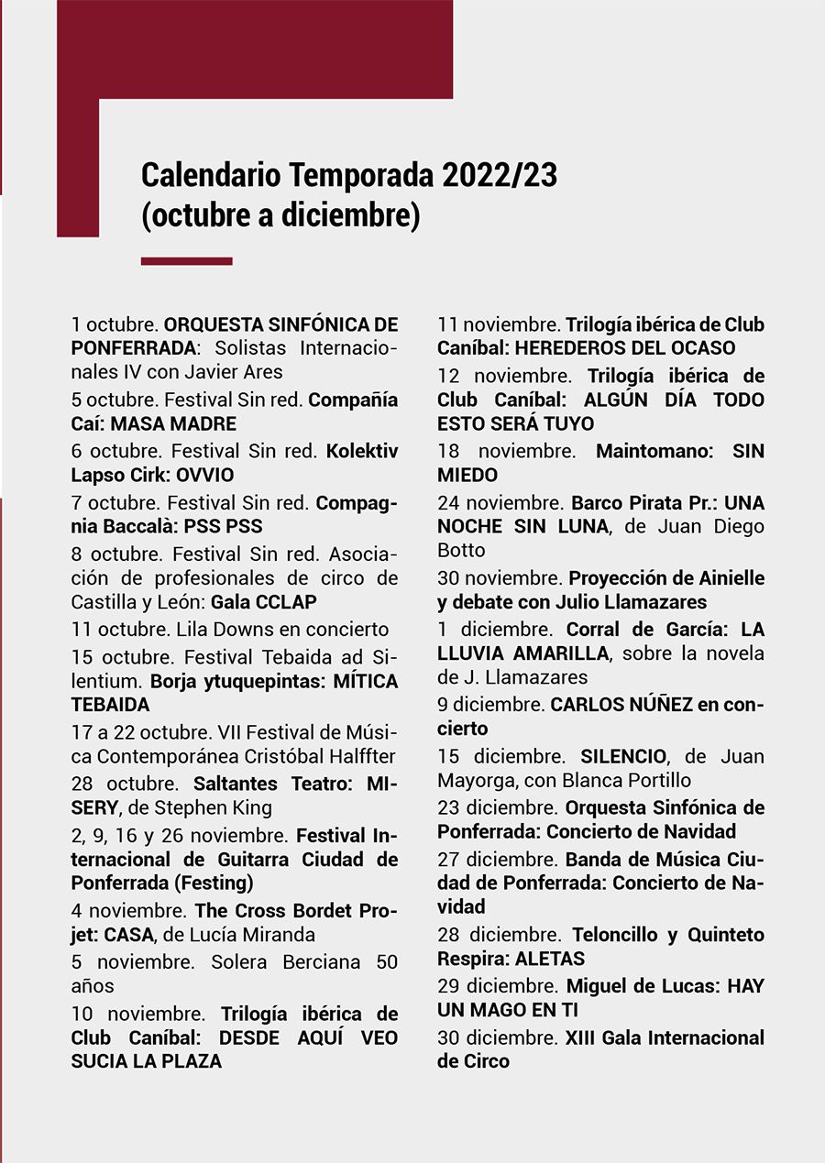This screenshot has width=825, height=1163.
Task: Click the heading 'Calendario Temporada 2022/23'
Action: coord(349,174)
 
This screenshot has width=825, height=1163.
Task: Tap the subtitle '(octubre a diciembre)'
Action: coord(280,216)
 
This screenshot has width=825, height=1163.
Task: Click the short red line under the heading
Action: coord(186,261)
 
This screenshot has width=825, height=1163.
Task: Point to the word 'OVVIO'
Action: coord(207,475)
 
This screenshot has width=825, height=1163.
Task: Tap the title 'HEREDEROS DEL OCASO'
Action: coord(625,348)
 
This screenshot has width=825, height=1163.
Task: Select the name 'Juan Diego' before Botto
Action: coord(720,526)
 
